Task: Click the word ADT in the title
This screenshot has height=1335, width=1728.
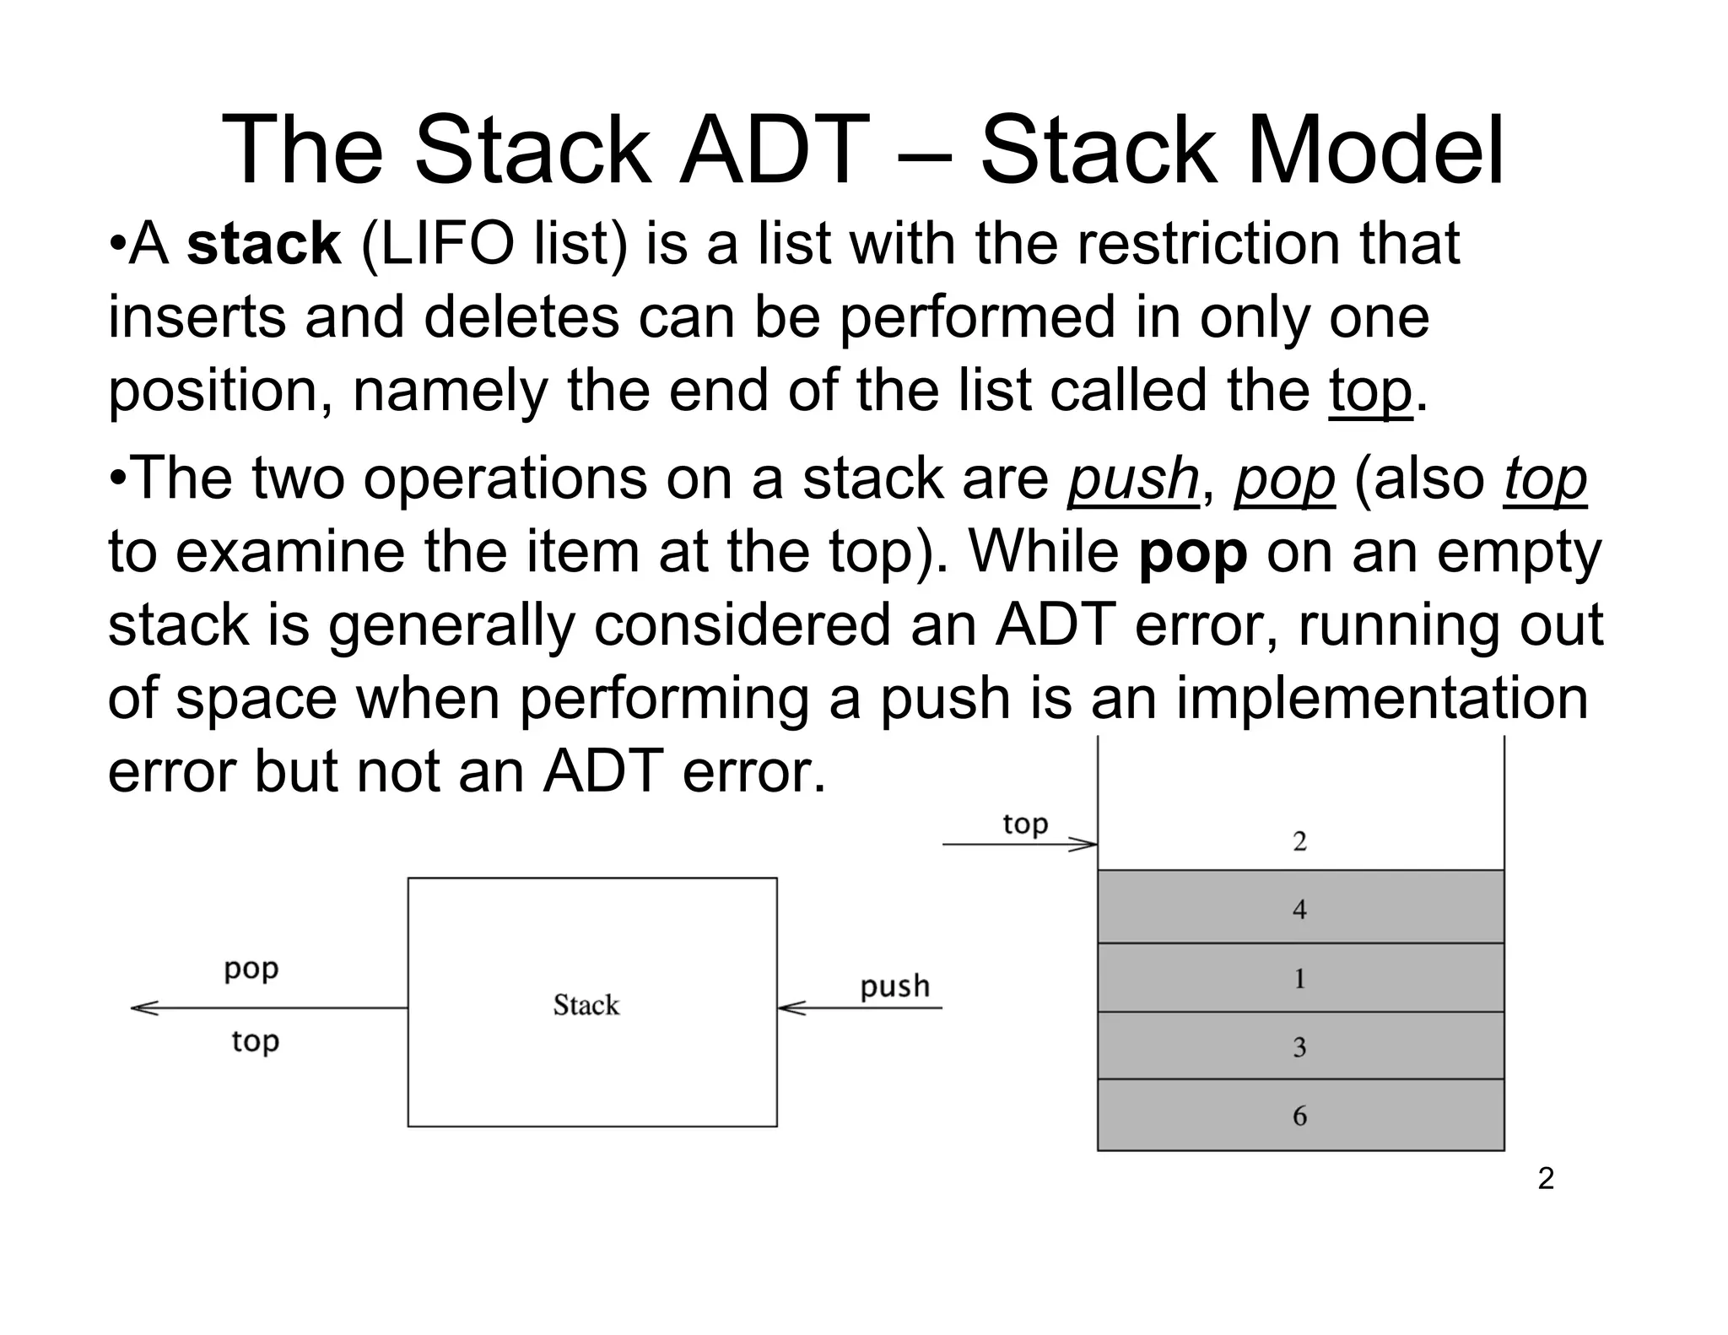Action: (x=774, y=150)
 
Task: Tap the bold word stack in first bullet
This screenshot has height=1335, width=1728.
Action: (x=264, y=245)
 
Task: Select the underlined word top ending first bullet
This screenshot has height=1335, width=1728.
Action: (x=1370, y=392)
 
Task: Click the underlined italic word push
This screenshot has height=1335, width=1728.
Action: (x=1132, y=479)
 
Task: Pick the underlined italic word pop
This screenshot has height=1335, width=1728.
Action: (x=1284, y=479)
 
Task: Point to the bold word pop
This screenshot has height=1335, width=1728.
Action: (x=1192, y=553)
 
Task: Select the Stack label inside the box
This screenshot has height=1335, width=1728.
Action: (x=586, y=1005)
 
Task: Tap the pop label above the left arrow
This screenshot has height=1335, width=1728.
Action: (x=251, y=969)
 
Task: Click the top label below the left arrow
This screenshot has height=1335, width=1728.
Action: (x=255, y=1041)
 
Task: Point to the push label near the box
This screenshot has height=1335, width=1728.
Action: (x=894, y=986)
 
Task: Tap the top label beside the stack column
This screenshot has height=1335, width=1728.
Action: (x=1024, y=823)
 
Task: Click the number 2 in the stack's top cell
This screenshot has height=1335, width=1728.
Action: (x=1299, y=841)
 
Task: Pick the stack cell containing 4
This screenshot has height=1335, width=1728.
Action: (x=1299, y=907)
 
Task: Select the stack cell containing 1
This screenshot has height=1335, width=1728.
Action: (x=1299, y=978)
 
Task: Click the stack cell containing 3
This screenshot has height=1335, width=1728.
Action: (x=1299, y=1046)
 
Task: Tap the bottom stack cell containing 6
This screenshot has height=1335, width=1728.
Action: (x=1299, y=1116)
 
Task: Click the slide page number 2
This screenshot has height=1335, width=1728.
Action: (x=1545, y=1179)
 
